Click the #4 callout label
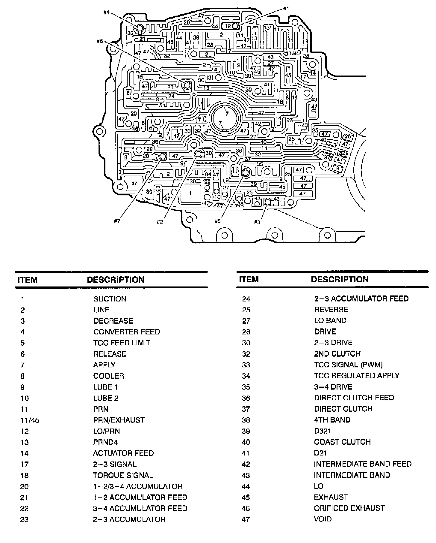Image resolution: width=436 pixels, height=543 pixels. (x=106, y=13)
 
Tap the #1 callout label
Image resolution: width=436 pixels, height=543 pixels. (x=286, y=9)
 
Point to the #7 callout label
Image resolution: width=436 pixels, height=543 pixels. (x=117, y=221)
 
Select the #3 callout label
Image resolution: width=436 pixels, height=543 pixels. (x=257, y=222)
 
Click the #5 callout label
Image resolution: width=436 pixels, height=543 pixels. (x=217, y=221)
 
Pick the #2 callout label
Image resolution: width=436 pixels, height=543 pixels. (x=160, y=222)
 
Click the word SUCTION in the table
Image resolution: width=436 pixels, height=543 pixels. (x=110, y=299)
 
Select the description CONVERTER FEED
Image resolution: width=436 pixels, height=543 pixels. (x=127, y=332)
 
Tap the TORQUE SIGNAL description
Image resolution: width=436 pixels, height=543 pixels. (x=123, y=475)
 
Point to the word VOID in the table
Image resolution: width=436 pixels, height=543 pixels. (x=323, y=519)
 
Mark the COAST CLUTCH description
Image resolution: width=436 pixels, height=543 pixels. (x=342, y=442)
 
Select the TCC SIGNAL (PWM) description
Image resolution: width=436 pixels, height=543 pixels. (x=348, y=365)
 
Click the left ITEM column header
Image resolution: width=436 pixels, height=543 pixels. (x=28, y=280)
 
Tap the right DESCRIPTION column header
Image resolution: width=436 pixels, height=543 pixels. (x=340, y=279)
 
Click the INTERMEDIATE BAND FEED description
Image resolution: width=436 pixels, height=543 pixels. (x=363, y=464)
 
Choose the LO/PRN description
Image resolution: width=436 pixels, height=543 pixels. (x=107, y=431)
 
